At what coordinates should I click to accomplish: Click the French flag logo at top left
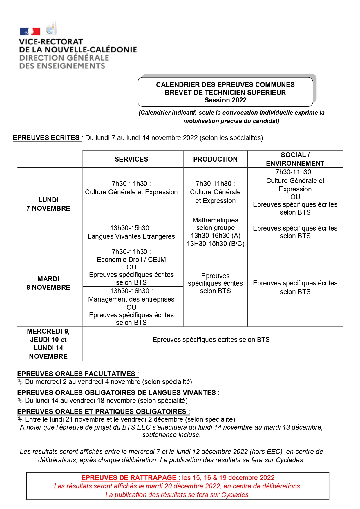tap(30, 31)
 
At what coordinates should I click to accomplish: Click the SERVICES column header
tap(131, 159)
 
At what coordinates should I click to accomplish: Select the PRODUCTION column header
tap(215, 159)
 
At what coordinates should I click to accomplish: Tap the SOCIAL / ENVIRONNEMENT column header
tap(295, 159)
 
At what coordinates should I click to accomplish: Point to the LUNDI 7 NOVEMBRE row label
tap(48, 204)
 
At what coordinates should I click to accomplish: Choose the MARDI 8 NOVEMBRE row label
tap(48, 283)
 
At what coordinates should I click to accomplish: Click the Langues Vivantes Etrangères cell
tap(131, 232)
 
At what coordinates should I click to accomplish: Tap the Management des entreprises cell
tap(131, 299)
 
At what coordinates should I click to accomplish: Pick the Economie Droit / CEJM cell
tap(131, 260)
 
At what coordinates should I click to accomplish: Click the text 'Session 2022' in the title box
tap(225, 100)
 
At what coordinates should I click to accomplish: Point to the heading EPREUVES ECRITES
tap(46, 138)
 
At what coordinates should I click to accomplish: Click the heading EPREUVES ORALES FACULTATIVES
tap(76, 374)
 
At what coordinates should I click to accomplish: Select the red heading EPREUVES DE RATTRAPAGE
tap(129, 478)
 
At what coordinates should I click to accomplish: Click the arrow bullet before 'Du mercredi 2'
tap(20, 382)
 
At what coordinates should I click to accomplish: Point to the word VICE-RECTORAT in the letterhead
tap(51, 42)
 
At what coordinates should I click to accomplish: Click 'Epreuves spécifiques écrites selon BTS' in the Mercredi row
tap(211, 340)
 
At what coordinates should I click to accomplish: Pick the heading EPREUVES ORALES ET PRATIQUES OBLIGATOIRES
tap(102, 412)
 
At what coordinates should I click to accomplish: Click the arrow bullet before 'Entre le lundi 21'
tap(20, 419)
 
